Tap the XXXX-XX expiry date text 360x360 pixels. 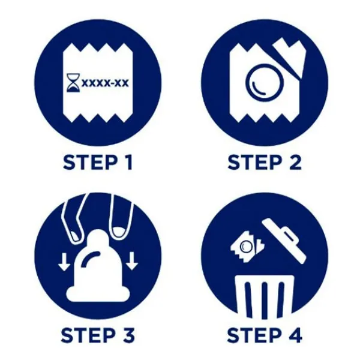[105, 83]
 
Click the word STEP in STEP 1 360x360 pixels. [89, 163]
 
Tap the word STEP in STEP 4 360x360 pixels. [254, 335]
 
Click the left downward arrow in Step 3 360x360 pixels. [64, 261]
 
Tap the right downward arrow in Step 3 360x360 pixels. [131, 261]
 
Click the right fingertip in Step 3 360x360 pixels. [120, 232]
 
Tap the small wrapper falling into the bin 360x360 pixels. [247, 247]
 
